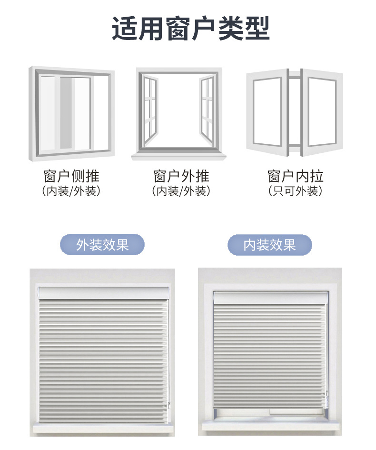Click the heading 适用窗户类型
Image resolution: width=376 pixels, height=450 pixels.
pyautogui.click(x=190, y=29)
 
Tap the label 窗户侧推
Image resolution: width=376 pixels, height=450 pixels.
pyautogui.click(x=71, y=176)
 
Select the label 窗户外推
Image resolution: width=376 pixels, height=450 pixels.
pyautogui.click(x=181, y=176)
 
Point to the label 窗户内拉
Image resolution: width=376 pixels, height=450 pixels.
pyautogui.click(x=296, y=176)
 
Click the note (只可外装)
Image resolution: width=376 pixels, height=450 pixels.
pyautogui.click(x=296, y=191)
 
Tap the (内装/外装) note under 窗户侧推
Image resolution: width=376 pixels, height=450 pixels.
pyautogui.click(x=71, y=191)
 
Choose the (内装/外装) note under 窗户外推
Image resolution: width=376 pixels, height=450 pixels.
pyautogui.click(x=181, y=191)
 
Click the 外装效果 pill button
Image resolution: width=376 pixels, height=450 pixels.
pyautogui.click(x=102, y=245)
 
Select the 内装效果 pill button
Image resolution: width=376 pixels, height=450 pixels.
pyautogui.click(x=269, y=245)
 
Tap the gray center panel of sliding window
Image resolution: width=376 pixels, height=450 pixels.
pyautogui.click(x=66, y=113)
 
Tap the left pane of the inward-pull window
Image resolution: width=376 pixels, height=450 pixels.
pyautogui.click(x=267, y=112)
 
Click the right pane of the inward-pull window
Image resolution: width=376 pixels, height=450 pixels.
pyautogui.click(x=322, y=112)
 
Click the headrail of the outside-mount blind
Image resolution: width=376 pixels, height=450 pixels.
pyautogui.click(x=103, y=292)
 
